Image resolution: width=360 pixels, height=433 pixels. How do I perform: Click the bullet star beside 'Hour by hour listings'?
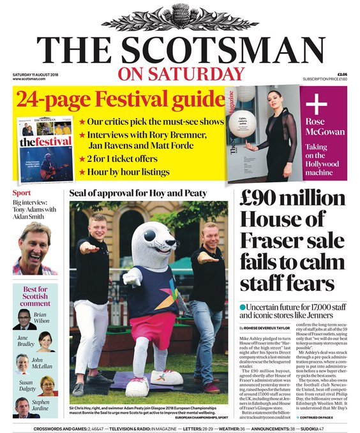82,172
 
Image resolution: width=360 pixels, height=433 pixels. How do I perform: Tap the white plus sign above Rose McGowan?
315,105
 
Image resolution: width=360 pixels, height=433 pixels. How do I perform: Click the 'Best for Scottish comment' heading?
34,297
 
